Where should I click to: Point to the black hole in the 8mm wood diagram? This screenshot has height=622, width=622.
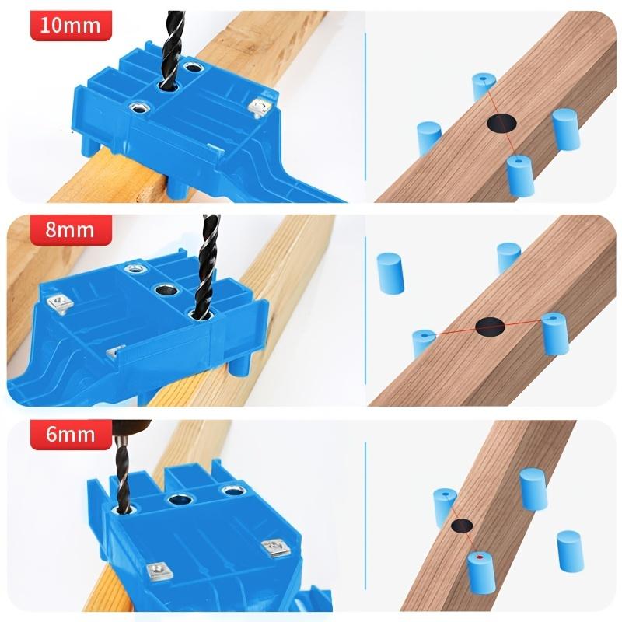(x=490, y=326)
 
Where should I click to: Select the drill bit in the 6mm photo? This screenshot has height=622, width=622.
(x=123, y=474)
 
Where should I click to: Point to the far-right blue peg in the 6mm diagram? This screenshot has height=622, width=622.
(x=569, y=550)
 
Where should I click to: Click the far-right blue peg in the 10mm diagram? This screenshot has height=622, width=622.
(x=565, y=128)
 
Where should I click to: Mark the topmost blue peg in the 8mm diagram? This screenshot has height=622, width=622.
(x=508, y=257)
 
